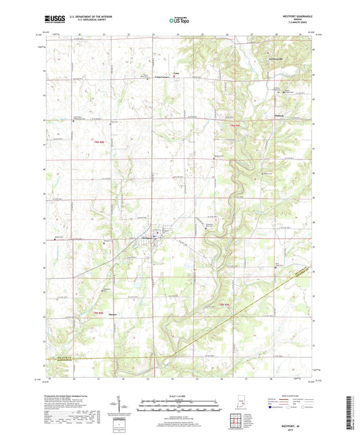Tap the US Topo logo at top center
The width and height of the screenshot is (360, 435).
tap(179, 20)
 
